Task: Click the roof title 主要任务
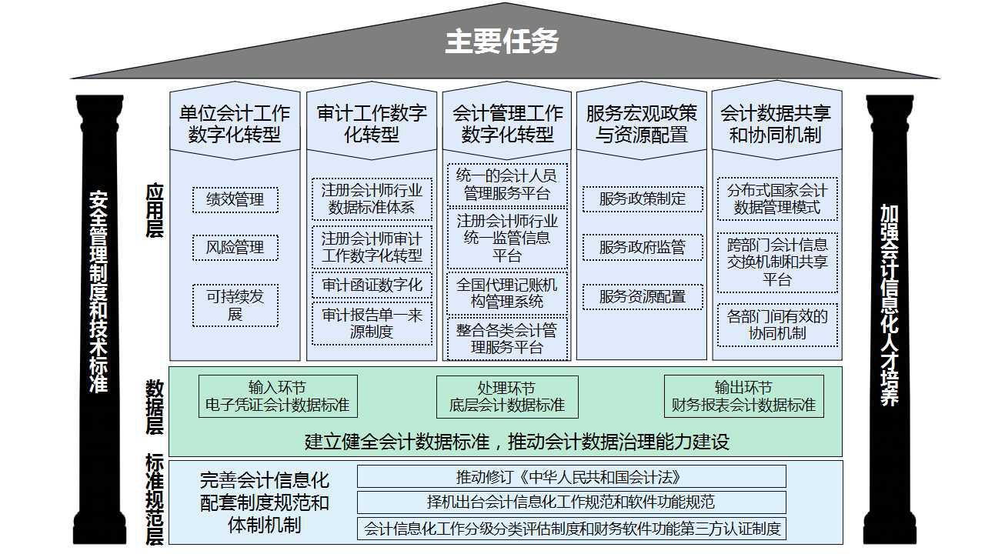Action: (502, 42)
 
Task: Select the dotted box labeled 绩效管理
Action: (235, 200)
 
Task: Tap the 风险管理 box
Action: (235, 248)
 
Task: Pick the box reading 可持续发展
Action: (235, 305)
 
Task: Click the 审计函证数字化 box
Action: (372, 285)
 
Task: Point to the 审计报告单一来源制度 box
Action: (372, 323)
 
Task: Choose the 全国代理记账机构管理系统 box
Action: (507, 293)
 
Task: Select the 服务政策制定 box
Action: (643, 199)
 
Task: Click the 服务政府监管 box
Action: (643, 248)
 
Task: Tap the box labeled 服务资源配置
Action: (643, 297)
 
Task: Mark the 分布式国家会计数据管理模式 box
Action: (777, 199)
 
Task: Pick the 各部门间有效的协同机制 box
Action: (777, 325)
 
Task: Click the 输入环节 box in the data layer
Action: (278, 396)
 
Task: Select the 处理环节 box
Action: (507, 396)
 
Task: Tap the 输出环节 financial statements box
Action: (743, 396)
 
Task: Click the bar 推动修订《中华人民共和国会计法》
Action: (571, 477)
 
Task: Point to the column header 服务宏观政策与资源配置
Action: (642, 124)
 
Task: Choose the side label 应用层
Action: (155, 211)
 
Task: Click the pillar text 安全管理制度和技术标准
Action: (98, 292)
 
